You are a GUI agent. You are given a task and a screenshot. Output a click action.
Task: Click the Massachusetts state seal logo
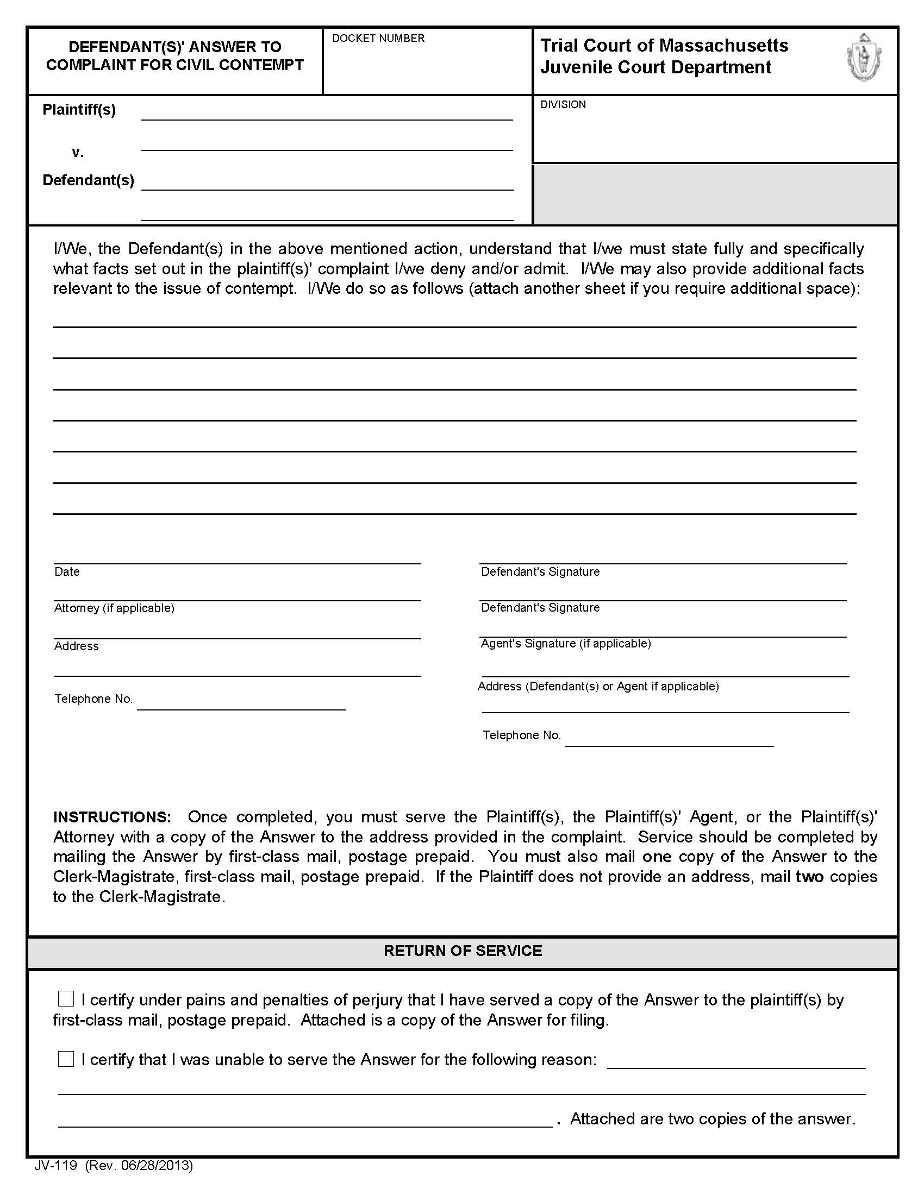[x=864, y=58]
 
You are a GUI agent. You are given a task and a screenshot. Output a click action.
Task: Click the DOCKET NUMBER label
[x=378, y=39]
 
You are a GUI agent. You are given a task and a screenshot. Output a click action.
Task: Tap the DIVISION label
[x=563, y=104]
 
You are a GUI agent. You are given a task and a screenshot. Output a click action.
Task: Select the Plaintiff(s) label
[x=79, y=109]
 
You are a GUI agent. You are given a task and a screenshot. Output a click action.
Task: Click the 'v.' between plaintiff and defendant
[x=78, y=153]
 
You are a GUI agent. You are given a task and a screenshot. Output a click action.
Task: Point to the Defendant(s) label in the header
[x=88, y=180]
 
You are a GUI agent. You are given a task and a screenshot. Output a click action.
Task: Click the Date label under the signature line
[x=67, y=572]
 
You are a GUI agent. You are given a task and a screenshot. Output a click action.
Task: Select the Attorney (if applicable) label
[x=114, y=608]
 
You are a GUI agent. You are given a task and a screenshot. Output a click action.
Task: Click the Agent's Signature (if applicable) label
[x=565, y=644]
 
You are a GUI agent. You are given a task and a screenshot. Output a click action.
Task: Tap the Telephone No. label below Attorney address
[x=93, y=699]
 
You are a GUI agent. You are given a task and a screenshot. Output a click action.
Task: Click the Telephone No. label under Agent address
[x=522, y=735]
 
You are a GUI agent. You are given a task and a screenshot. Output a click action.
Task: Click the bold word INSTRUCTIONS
[x=112, y=817]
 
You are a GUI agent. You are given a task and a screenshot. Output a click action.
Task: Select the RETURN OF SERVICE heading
[x=463, y=951]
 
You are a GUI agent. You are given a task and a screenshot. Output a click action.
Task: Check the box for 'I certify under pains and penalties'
[x=66, y=998]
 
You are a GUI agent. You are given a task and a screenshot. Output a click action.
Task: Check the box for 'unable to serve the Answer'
[x=66, y=1059]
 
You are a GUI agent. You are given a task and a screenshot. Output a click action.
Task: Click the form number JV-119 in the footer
[x=55, y=1166]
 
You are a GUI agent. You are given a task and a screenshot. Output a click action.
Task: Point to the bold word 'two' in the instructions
[x=809, y=877]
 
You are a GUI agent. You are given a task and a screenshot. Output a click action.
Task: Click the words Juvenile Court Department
[x=656, y=67]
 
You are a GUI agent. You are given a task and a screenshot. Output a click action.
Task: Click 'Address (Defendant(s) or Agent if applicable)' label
[x=598, y=686]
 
